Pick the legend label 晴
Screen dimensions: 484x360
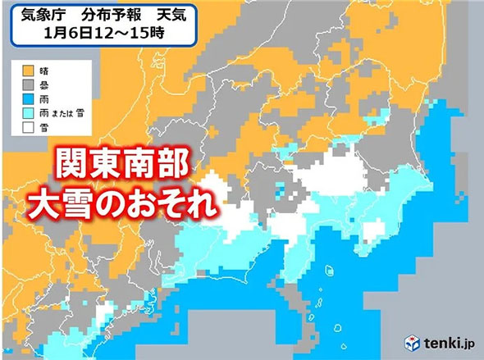44,71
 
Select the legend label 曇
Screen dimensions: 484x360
44,84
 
